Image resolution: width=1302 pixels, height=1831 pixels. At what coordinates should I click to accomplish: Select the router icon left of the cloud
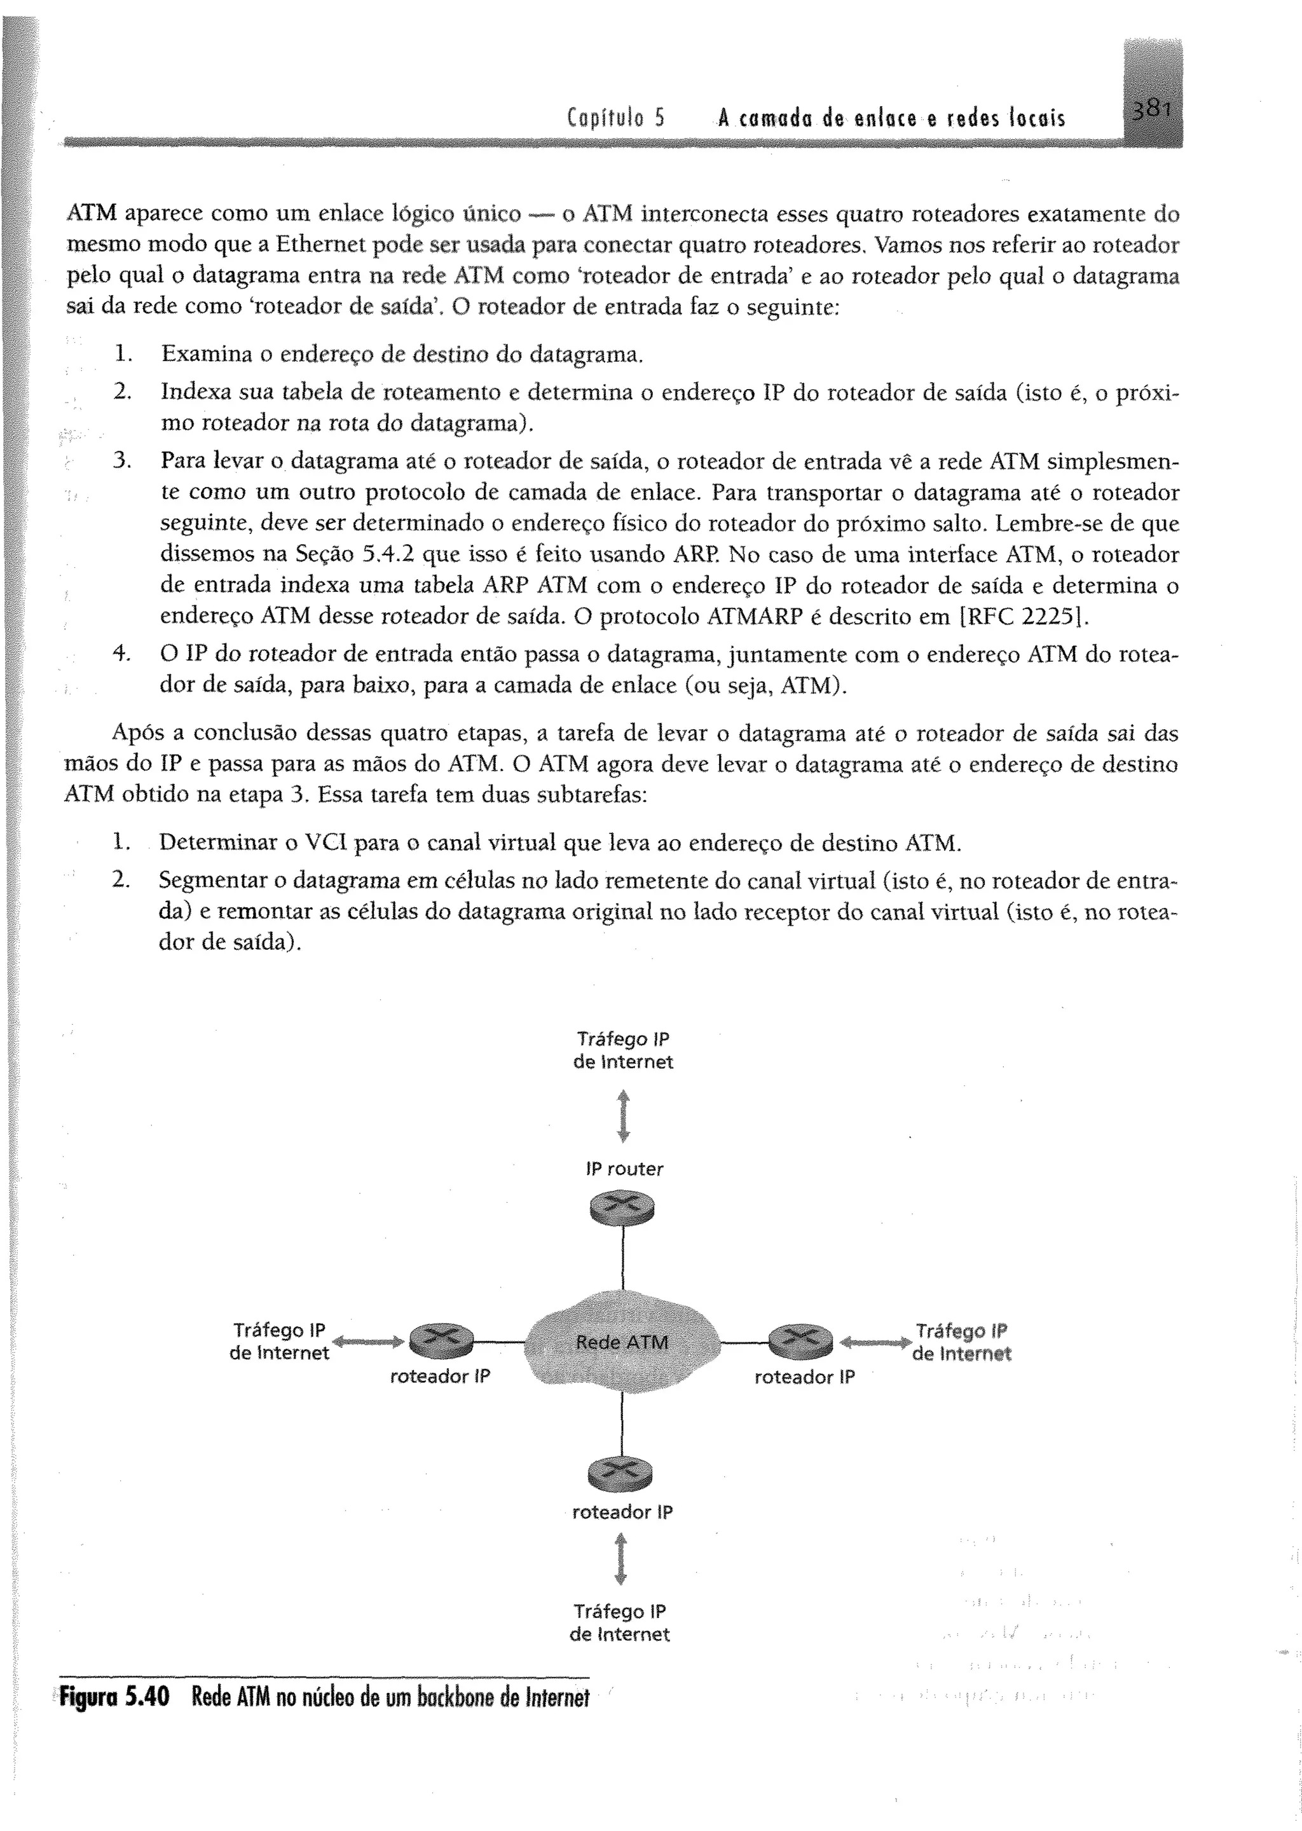click(x=441, y=1339)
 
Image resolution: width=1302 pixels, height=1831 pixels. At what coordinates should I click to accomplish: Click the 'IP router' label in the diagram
click(x=624, y=1169)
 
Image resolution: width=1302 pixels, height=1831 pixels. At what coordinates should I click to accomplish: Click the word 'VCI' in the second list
click(x=325, y=844)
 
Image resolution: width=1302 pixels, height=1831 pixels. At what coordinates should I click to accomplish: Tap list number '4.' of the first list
click(x=122, y=654)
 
